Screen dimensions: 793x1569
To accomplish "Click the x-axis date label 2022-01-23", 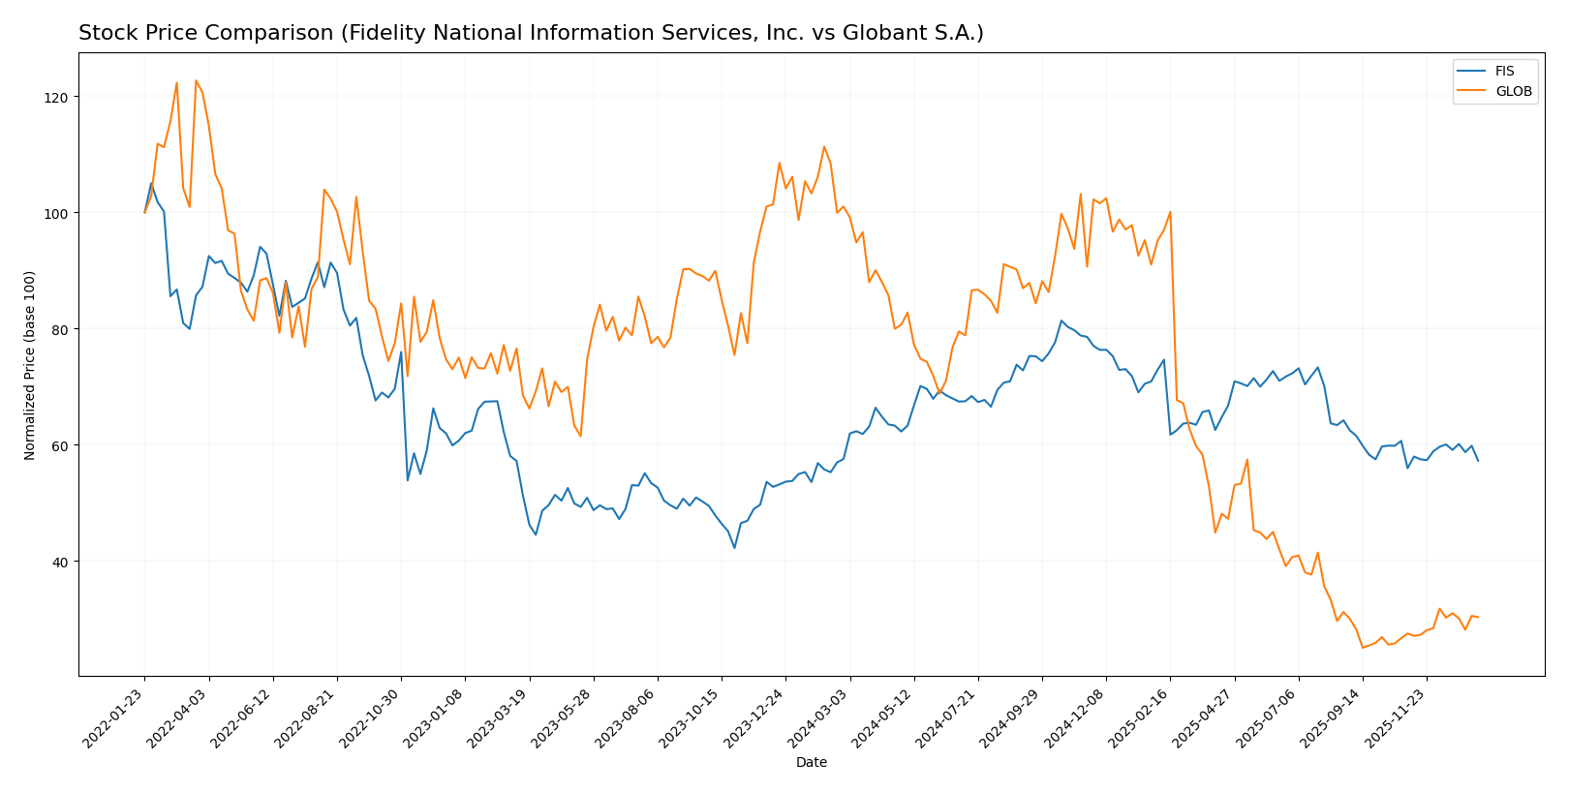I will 114,717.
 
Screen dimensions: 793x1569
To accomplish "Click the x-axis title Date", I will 812,763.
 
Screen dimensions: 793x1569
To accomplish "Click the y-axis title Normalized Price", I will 30,365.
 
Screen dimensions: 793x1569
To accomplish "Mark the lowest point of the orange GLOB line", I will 1363,648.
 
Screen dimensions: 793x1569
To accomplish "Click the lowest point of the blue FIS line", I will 734,548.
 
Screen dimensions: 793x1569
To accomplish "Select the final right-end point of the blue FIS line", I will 1478,461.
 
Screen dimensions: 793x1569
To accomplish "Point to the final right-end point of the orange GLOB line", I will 1478,617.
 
